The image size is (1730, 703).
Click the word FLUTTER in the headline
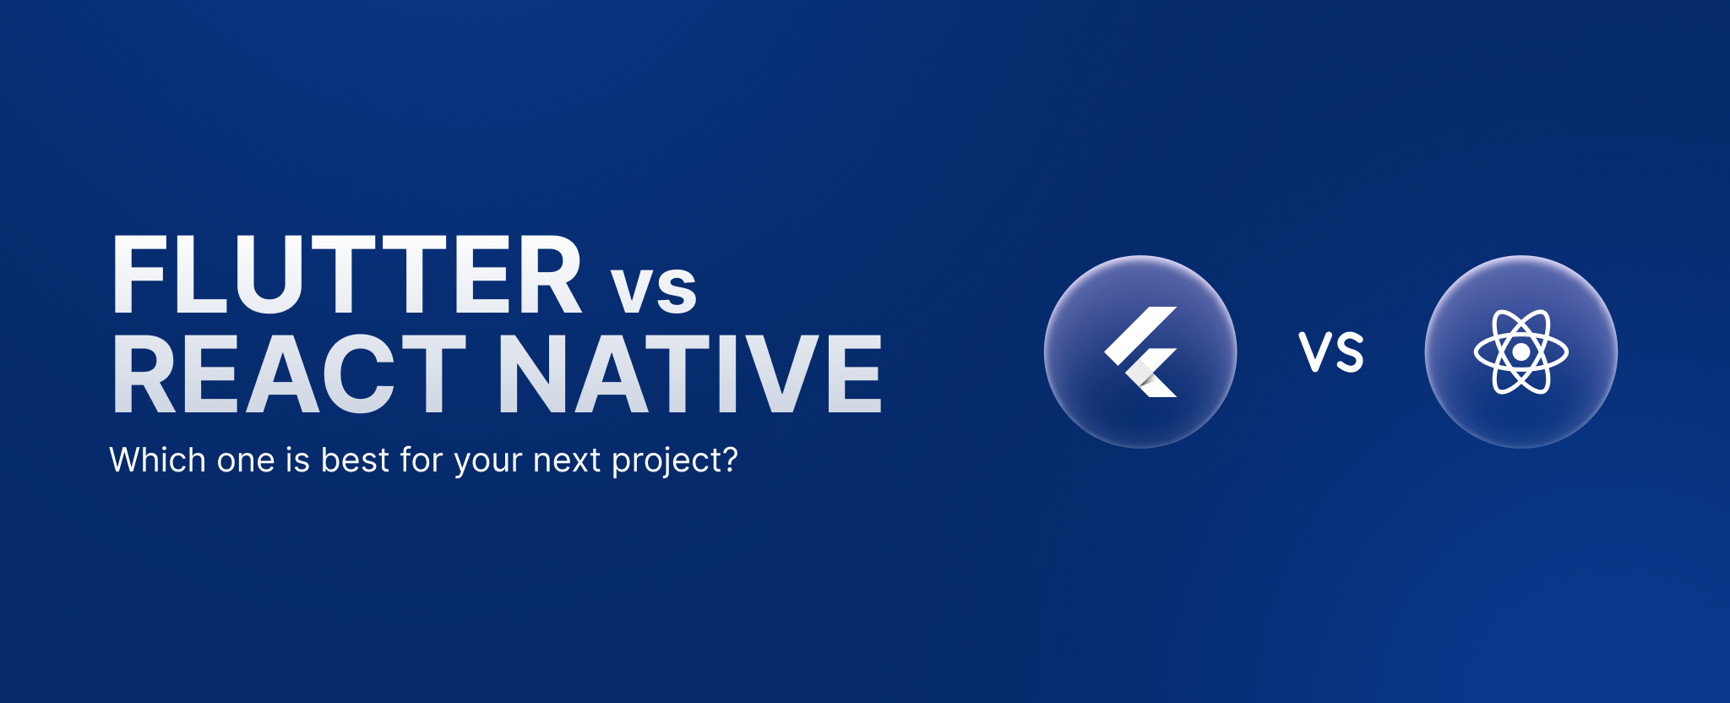(347, 275)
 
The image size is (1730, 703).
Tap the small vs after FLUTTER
(655, 287)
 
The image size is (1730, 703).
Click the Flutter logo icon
(1141, 351)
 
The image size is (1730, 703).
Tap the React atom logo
(1521, 351)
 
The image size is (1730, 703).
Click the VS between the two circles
(1331, 352)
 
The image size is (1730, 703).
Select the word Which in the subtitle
(158, 460)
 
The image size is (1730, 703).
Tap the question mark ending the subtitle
(729, 460)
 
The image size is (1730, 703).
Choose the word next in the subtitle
(567, 461)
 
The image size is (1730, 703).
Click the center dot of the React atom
(1521, 351)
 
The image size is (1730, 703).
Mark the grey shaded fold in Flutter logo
(1145, 377)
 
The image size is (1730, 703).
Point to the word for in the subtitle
(422, 460)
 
